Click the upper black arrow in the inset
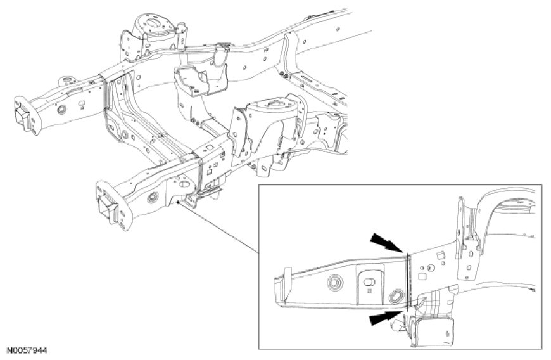point(386,243)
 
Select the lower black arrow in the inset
point(385,318)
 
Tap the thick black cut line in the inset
point(408,282)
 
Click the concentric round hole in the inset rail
point(334,282)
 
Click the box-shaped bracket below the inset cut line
point(432,330)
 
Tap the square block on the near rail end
point(108,207)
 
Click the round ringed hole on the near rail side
point(153,198)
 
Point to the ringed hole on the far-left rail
point(62,110)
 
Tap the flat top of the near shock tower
point(270,106)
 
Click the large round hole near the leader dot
point(184,184)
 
